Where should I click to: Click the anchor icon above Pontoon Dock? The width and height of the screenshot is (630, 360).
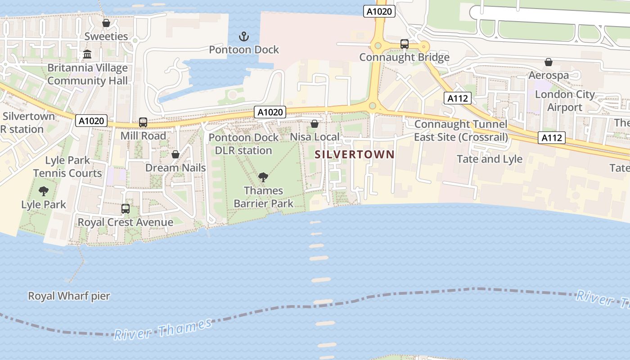(x=243, y=36)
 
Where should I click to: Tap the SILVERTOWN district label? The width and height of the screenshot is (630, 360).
(x=355, y=154)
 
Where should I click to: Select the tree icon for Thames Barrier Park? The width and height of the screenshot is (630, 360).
(x=263, y=177)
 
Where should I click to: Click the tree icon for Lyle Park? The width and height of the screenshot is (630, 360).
(x=44, y=191)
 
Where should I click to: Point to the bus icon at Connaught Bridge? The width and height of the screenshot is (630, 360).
(x=405, y=44)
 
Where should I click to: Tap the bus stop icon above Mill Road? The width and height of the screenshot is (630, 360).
(x=143, y=122)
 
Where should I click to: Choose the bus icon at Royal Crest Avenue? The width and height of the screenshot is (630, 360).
(x=126, y=209)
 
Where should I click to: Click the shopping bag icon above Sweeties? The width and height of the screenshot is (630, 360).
(x=106, y=23)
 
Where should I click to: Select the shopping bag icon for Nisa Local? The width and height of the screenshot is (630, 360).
(x=315, y=123)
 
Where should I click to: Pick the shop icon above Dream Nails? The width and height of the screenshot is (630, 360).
(x=175, y=154)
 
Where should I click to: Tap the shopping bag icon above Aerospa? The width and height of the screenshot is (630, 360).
(x=549, y=62)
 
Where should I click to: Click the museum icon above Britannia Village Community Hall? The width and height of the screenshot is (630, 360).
(x=87, y=54)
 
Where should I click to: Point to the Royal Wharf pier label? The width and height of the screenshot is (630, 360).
(x=69, y=296)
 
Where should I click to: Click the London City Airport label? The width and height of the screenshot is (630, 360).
(x=564, y=101)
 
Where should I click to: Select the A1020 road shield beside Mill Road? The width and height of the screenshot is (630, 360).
(x=92, y=121)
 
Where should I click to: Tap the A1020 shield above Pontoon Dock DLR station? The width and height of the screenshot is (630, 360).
(x=270, y=112)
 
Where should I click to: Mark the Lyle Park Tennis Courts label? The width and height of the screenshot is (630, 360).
(x=67, y=166)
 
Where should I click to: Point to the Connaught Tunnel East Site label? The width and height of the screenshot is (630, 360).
(x=461, y=130)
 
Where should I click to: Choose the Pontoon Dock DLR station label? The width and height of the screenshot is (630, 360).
(x=243, y=144)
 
